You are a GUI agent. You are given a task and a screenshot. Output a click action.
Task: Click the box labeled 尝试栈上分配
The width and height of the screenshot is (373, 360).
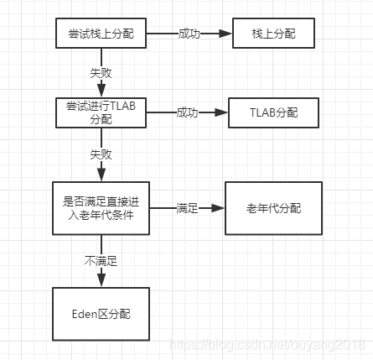pos(101,34)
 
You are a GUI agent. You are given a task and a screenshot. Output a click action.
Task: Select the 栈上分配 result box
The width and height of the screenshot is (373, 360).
pos(274,34)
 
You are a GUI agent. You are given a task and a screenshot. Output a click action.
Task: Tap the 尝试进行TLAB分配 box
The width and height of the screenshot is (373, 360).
pos(101,112)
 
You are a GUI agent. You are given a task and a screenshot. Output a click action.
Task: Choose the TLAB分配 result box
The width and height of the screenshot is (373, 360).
pos(273,112)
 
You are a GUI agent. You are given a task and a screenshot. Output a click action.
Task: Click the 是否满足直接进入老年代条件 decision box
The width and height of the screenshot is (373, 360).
pos(101,208)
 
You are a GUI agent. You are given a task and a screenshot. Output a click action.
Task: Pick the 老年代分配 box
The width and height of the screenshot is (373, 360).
pos(273,207)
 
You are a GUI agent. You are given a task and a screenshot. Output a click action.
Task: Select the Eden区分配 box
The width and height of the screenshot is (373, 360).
pos(101,313)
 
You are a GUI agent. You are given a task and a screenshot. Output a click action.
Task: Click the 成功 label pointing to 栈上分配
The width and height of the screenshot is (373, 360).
pos(189,34)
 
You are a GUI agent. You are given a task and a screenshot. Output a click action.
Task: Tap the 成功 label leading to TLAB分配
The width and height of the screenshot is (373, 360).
pos(187,112)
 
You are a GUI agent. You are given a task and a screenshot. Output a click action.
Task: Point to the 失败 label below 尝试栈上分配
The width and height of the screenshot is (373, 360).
pos(101,73)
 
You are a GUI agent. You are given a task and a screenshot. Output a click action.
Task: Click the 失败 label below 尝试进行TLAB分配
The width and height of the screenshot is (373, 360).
pos(101,154)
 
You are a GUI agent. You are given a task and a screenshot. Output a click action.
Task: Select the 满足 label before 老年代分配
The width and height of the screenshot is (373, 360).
pos(187,207)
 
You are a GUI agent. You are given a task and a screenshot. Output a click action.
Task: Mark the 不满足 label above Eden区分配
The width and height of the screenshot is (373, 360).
pos(101,261)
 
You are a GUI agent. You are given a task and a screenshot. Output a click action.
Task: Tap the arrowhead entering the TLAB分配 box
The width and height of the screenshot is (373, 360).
pos(222,112)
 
